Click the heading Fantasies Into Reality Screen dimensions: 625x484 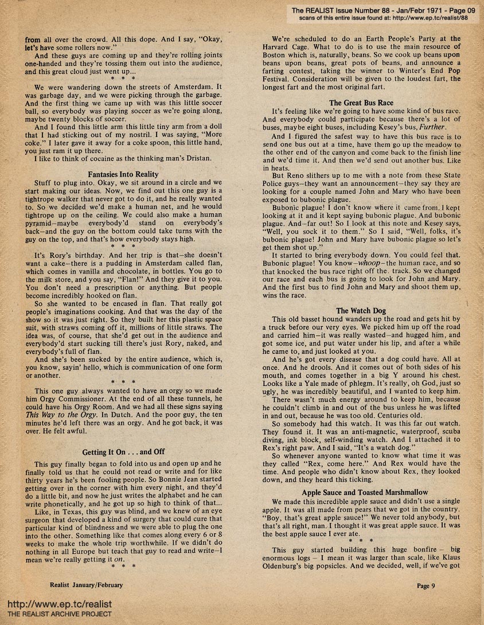(x=123, y=173)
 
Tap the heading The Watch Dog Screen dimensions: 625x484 (x=361, y=311)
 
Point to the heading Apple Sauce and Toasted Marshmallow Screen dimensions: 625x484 (x=365, y=492)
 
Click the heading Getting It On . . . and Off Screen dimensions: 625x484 (x=123, y=452)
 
